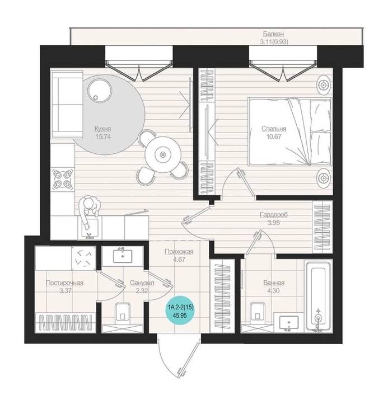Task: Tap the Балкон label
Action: click(x=273, y=34)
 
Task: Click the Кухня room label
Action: click(x=103, y=129)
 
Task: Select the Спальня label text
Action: click(x=274, y=129)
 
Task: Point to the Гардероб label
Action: click(x=274, y=215)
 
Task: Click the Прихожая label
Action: click(x=179, y=251)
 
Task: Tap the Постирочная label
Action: click(x=64, y=283)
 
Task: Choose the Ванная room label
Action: click(x=274, y=283)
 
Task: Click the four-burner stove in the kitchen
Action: click(x=62, y=179)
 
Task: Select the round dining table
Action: click(x=162, y=155)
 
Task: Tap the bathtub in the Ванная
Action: click(x=318, y=296)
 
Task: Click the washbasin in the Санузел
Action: click(x=123, y=256)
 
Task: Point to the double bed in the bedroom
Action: click(x=290, y=131)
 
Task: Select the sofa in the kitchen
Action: click(x=68, y=105)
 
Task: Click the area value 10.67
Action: click(x=274, y=136)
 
